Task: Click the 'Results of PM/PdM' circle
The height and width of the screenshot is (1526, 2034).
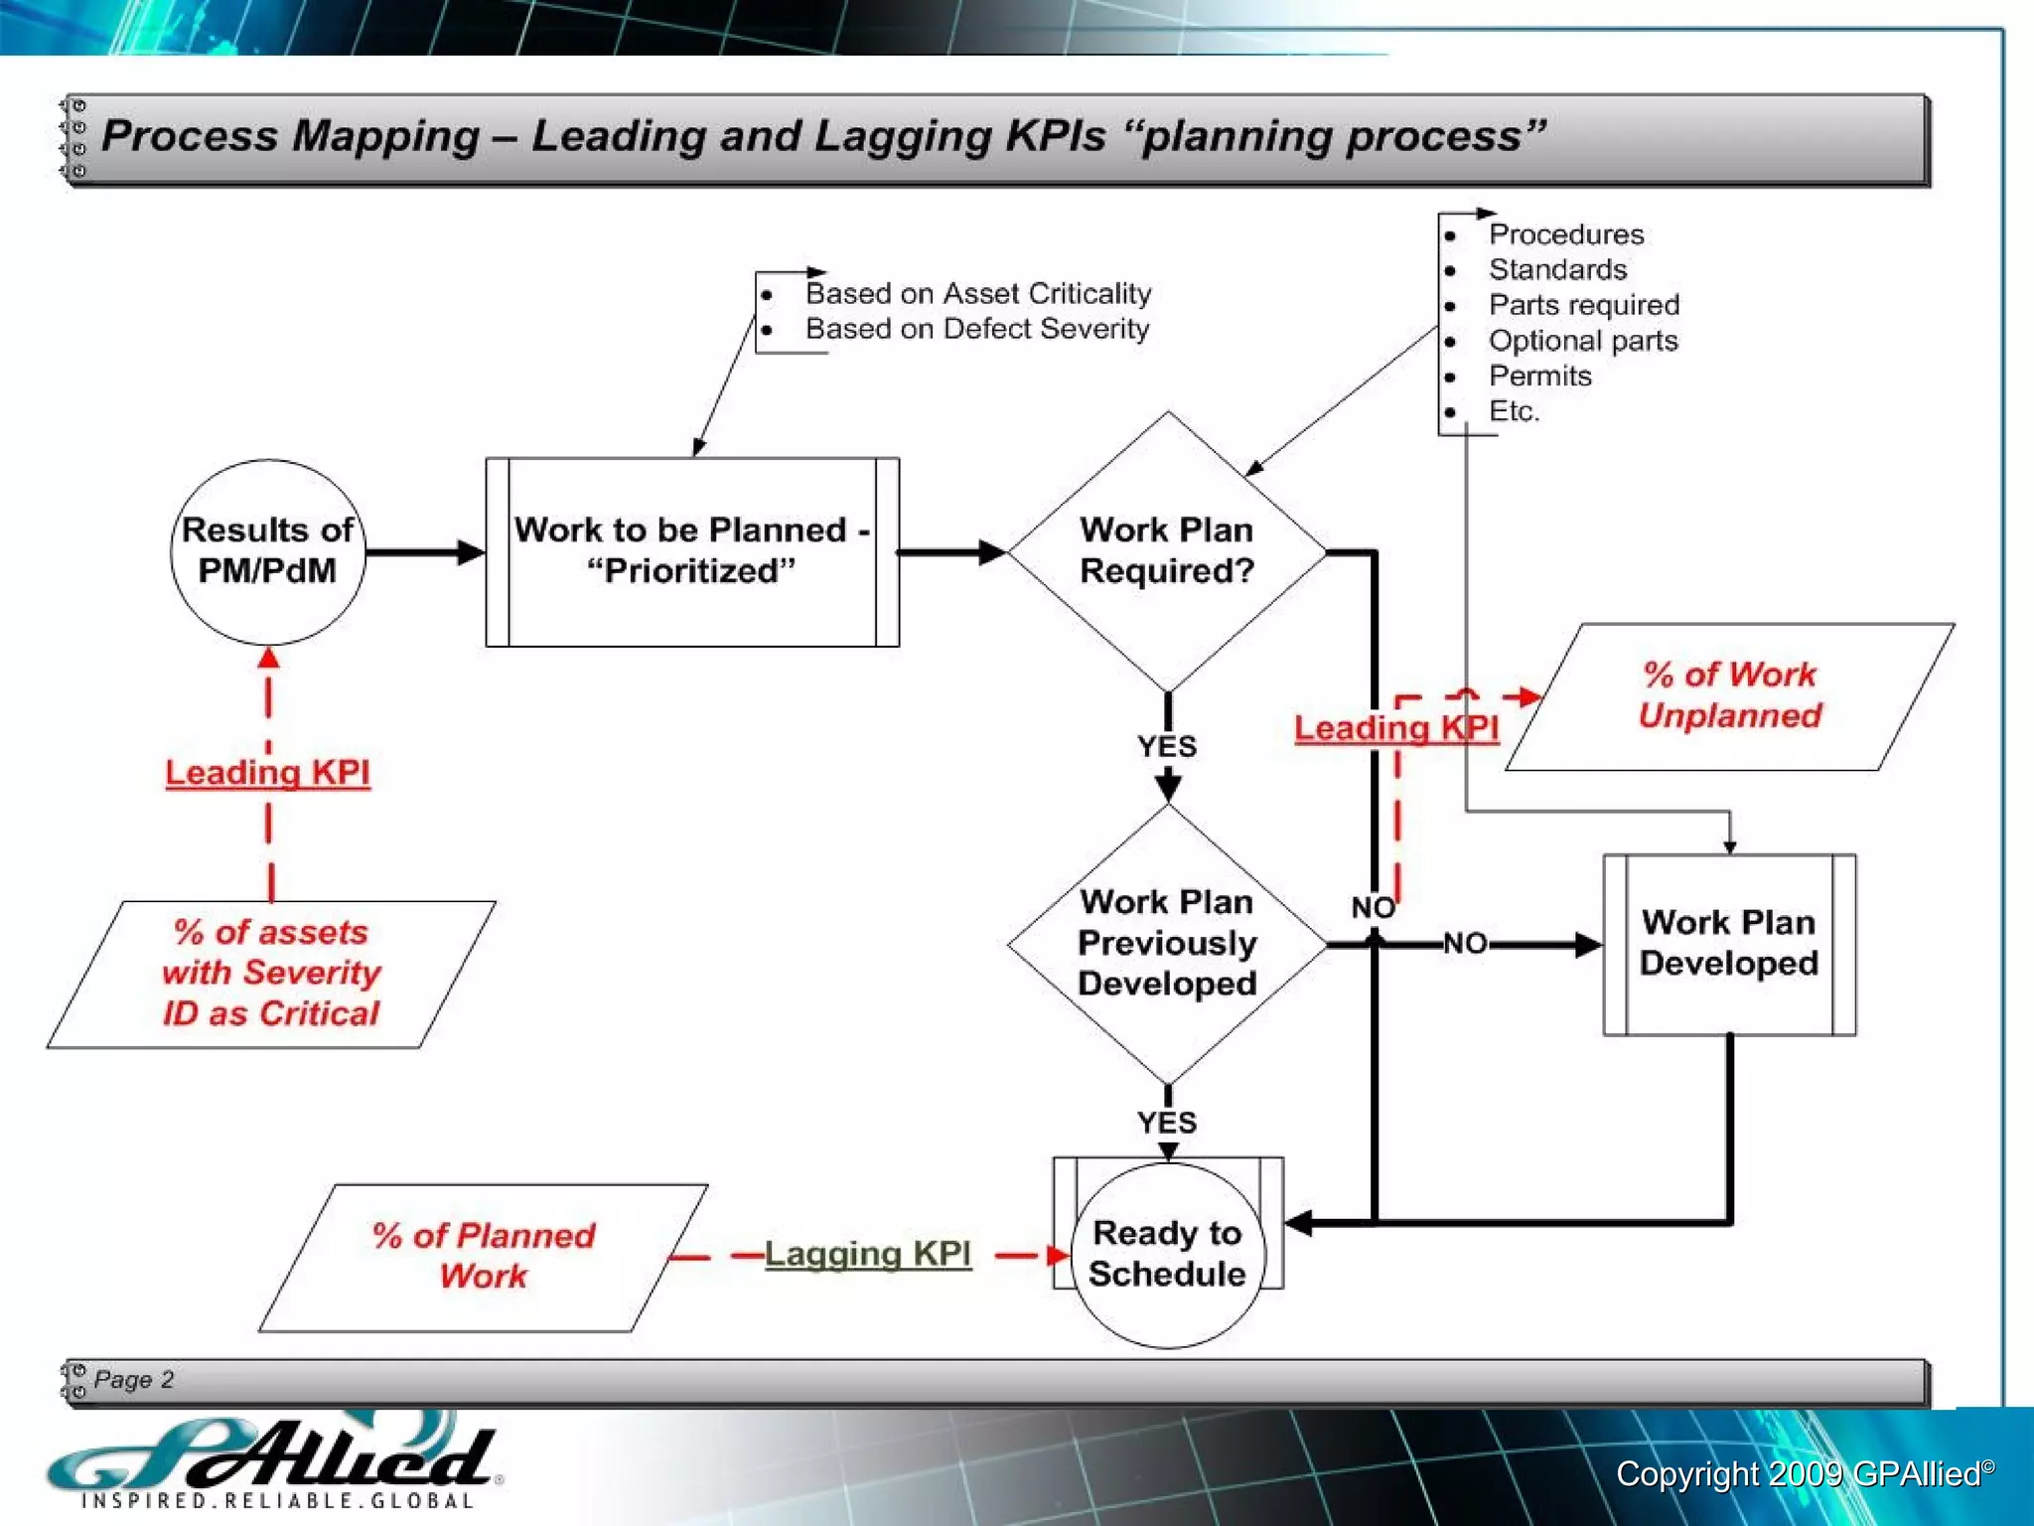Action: coord(267,551)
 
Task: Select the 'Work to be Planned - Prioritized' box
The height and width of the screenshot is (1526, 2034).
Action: coord(692,551)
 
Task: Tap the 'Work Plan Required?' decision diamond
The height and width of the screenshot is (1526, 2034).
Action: coord(1167,551)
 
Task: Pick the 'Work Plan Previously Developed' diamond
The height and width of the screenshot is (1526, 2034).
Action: coord(1167,943)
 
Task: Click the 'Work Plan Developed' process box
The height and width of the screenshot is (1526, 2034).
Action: coord(1729,944)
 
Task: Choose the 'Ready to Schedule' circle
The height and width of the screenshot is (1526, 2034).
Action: coord(1167,1254)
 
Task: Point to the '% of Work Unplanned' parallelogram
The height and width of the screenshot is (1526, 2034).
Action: coord(1729,695)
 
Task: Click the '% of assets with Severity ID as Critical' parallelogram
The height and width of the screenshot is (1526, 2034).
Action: coord(271,974)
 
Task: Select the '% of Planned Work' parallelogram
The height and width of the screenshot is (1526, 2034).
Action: coord(484,1256)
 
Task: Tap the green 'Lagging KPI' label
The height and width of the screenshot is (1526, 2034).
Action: coord(867,1254)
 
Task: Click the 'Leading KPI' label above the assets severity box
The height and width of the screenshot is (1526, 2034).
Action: coord(267,773)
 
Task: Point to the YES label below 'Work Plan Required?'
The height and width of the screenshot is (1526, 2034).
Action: coord(1167,746)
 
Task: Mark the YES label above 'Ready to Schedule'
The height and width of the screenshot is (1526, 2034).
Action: coord(1167,1123)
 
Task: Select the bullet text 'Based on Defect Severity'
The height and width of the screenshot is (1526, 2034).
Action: coord(976,329)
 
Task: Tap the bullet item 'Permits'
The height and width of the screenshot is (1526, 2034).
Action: coord(1539,377)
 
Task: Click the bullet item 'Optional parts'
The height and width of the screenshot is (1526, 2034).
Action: coord(1583,341)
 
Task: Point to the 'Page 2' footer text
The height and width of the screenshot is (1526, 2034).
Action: coord(134,1379)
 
